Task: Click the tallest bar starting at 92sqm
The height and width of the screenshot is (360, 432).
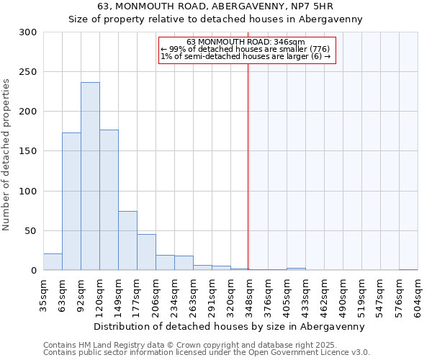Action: point(90,176)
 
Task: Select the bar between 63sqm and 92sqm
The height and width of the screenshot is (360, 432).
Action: point(71,202)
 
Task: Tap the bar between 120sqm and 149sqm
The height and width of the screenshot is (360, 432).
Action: point(109,200)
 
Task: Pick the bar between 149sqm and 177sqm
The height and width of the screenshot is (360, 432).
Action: point(127,240)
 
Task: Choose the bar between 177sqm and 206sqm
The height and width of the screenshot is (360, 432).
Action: point(146,252)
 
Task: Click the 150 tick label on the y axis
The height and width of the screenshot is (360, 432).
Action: point(27,152)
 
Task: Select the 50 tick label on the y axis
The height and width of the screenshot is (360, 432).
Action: point(30,231)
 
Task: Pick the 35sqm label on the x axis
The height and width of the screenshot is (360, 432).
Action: point(43,294)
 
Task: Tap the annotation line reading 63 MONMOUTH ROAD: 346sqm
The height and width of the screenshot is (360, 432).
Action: point(246,42)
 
